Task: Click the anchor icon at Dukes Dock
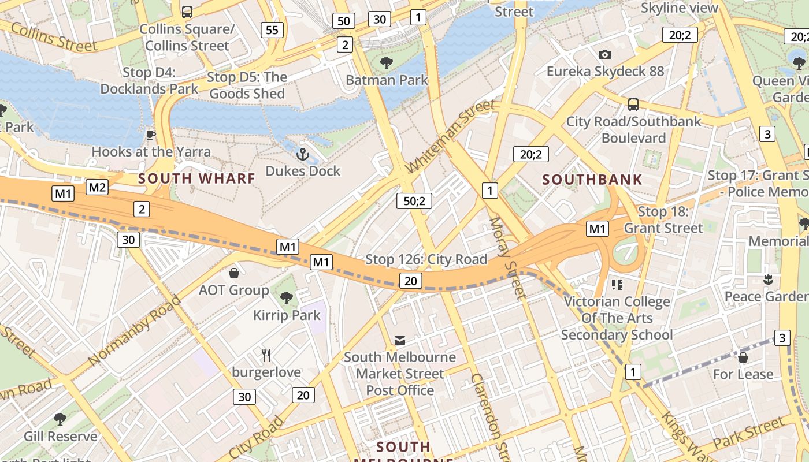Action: (x=302, y=154)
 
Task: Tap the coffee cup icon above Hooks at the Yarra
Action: (x=151, y=135)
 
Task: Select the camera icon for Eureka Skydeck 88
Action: (x=605, y=54)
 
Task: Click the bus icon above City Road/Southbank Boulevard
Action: (x=633, y=105)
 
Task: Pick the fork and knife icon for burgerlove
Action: (x=266, y=355)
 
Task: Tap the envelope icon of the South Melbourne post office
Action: (x=400, y=340)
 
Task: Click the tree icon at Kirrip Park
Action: (x=286, y=298)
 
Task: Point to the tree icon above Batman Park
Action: (x=387, y=62)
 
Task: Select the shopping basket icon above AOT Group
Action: (x=234, y=273)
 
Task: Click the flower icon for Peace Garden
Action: (x=768, y=280)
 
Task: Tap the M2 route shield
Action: (x=97, y=187)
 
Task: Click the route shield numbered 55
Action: (x=272, y=30)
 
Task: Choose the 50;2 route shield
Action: (x=414, y=201)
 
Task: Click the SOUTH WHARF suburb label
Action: (x=197, y=178)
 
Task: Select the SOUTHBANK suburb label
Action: (x=592, y=180)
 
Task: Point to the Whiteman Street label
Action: (x=451, y=137)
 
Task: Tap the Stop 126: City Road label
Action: (x=426, y=259)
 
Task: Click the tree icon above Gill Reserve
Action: (x=60, y=419)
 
